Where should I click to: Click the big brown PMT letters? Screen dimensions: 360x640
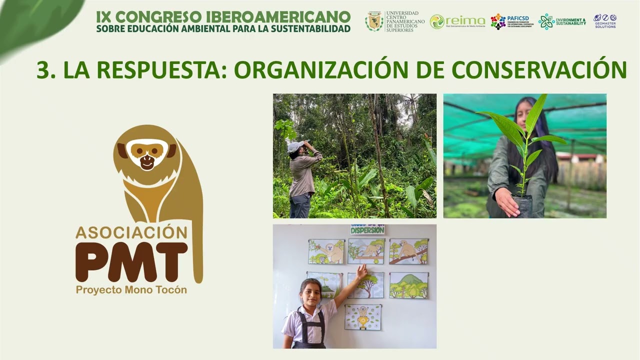[132, 261]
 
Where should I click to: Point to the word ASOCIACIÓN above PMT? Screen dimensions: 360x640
[131, 232]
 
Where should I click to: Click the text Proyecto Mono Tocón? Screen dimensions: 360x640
[131, 290]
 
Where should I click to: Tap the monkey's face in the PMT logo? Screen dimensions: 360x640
[146, 154]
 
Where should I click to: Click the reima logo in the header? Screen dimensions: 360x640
[457, 21]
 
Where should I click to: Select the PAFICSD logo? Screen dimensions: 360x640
[511, 21]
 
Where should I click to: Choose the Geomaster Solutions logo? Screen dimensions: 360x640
[605, 21]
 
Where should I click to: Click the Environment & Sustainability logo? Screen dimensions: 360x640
[562, 21]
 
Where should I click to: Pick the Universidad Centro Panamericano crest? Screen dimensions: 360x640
[373, 21]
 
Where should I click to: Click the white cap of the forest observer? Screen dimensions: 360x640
[294, 146]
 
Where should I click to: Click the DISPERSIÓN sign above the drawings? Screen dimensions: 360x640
[367, 229]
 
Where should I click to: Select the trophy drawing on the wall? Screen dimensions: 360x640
[363, 317]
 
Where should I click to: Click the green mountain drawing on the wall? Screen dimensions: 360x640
[408, 285]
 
